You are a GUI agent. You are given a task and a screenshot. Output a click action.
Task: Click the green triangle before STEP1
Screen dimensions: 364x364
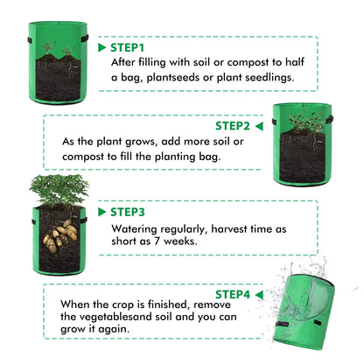[x=102, y=46]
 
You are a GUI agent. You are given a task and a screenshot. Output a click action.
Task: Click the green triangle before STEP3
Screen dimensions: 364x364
[x=102, y=212]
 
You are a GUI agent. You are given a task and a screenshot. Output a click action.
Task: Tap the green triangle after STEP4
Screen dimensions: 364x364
[x=262, y=293]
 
